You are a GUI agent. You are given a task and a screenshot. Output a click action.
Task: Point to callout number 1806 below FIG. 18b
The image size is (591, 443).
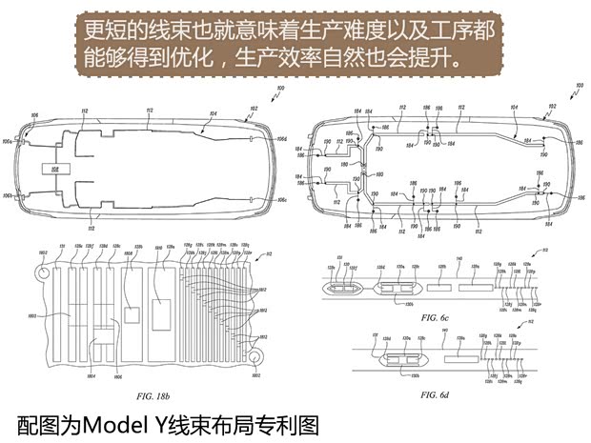pos(118,377)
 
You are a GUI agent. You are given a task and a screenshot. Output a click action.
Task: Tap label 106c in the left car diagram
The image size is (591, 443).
pos(283,201)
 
